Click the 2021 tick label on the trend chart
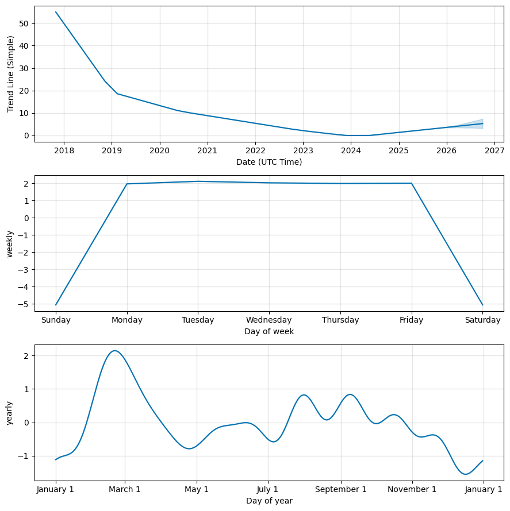click(208, 151)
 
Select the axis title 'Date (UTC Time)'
click(269, 162)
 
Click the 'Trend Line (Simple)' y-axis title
click(10, 74)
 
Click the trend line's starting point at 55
click(56, 12)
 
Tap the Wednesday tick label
click(269, 320)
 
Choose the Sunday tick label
click(56, 320)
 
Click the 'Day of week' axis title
click(269, 331)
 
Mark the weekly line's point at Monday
click(127, 184)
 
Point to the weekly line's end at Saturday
click(483, 305)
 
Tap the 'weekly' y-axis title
click(10, 243)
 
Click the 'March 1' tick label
click(125, 490)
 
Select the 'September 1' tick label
click(341, 490)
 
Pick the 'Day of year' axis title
click(269, 501)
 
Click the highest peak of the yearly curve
click(115, 350)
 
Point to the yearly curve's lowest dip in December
click(466, 474)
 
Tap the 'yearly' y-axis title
click(10, 413)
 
